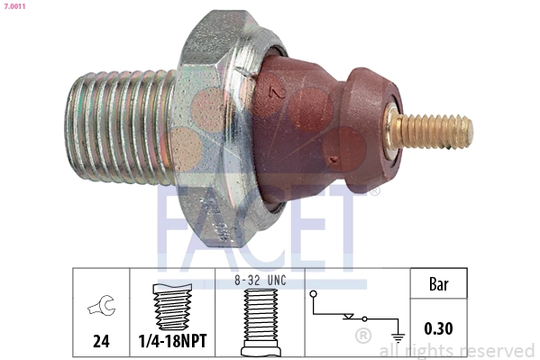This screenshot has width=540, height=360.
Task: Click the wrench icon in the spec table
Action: click(100, 309)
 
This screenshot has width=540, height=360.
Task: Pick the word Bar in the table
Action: click(438, 285)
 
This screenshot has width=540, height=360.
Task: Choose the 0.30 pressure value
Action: click(438, 329)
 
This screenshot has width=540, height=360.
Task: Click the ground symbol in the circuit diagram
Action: click(397, 336)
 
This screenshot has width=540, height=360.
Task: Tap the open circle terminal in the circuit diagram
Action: click(313, 293)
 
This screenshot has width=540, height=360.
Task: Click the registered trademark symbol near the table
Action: click(362, 337)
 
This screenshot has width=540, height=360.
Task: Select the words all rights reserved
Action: click(457, 350)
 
